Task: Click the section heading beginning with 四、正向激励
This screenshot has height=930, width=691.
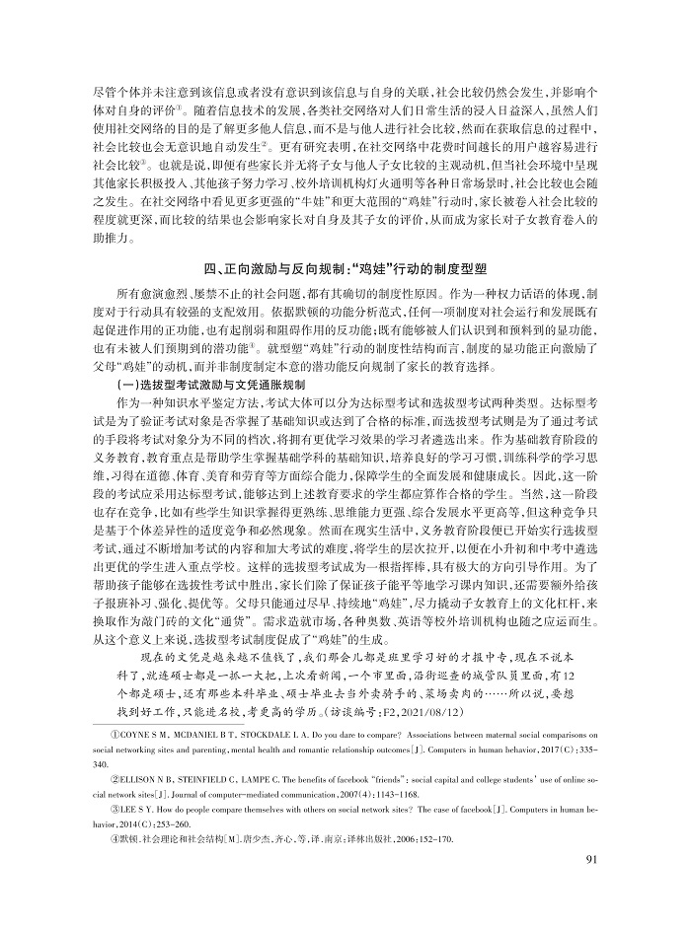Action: (x=345, y=267)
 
